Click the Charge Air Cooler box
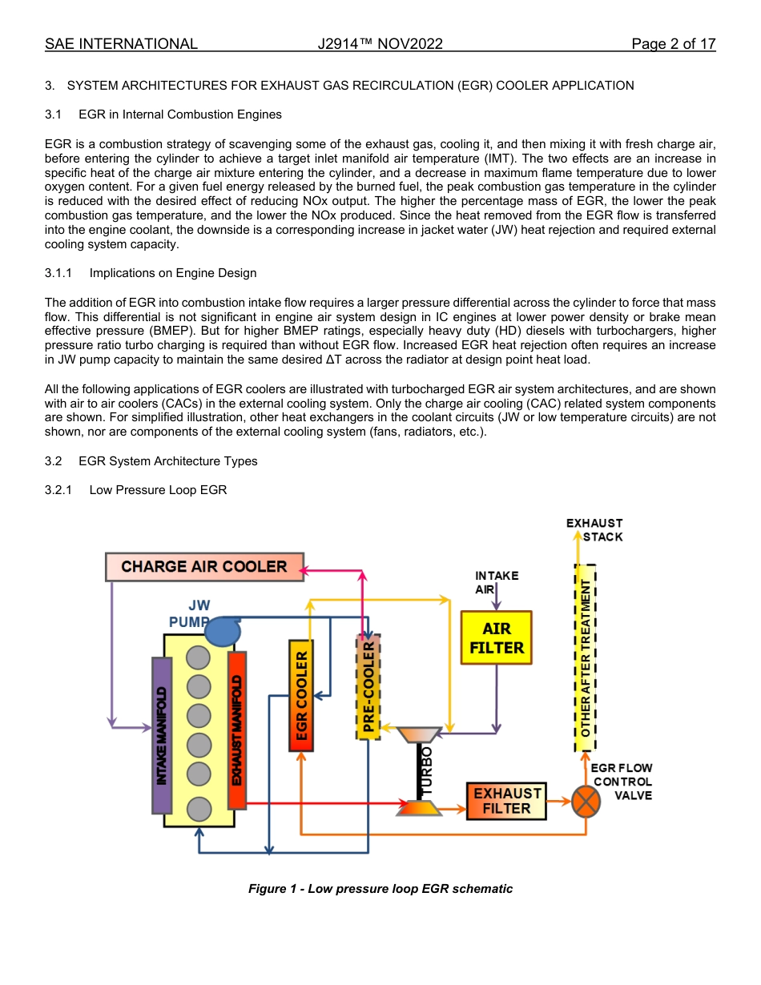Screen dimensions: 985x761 204,567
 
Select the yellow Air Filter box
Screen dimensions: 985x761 497,638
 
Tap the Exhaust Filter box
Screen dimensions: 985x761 506,801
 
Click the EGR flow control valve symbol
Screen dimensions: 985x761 586,801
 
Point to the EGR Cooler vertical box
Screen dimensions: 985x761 300,695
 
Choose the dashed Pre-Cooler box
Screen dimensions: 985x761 368,687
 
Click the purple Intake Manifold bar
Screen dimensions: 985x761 162,735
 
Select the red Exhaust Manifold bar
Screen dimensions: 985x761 237,730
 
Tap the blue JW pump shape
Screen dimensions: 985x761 222,631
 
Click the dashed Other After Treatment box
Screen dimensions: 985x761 586,657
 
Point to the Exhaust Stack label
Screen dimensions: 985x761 594,530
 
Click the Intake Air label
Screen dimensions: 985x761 497,581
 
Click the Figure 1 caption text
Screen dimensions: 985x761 380,889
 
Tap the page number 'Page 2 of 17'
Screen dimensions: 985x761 673,44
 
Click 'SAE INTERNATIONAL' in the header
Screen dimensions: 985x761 121,44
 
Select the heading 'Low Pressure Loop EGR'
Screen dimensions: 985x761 158,490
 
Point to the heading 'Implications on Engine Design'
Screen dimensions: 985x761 172,273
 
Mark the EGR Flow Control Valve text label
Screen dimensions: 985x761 622,782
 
